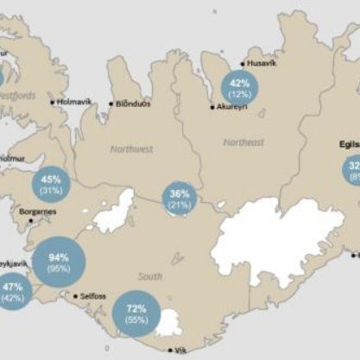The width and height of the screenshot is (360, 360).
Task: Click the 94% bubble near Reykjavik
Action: [x=60, y=262]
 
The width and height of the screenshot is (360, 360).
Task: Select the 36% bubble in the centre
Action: [x=180, y=199]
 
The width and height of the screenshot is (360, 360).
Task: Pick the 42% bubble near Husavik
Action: [x=239, y=88]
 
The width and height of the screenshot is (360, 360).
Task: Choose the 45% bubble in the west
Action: [x=51, y=185]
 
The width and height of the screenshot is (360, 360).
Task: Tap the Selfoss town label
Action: [x=92, y=296]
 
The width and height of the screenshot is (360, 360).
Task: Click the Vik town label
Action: [x=180, y=351]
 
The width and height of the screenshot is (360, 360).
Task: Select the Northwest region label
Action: [x=131, y=148]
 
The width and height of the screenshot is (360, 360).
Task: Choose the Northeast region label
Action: [x=243, y=142]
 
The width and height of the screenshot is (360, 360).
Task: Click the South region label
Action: [x=150, y=276]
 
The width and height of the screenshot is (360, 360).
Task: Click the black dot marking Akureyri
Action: [x=212, y=107]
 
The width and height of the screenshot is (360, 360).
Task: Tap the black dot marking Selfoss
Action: [x=76, y=296]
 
